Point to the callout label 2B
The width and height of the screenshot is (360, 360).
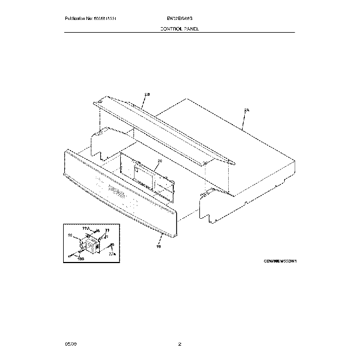(x=147, y=95)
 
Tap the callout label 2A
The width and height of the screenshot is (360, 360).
(x=246, y=111)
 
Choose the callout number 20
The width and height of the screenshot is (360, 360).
(x=159, y=161)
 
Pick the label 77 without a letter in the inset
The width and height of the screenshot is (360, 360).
(x=107, y=230)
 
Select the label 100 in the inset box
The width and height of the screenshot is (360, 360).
(x=80, y=258)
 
